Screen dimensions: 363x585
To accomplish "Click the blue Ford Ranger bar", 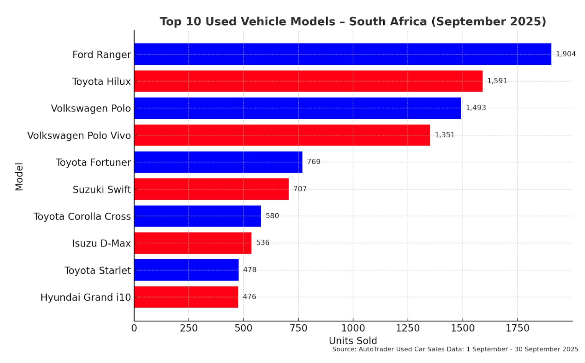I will (342, 54).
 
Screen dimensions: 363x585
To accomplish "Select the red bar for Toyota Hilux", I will (308, 81).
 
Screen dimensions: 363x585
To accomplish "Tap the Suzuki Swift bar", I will (211, 189).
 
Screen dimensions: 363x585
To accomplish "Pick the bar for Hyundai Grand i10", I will (186, 297).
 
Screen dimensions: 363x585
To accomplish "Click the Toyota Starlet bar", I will (186, 270).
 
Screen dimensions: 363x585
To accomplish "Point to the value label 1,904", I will (565, 54).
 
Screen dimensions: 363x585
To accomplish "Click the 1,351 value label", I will (445, 135).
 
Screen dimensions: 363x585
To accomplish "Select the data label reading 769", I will (314, 162).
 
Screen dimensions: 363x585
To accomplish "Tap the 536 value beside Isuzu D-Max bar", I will (263, 243).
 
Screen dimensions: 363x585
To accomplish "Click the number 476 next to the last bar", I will (249, 297).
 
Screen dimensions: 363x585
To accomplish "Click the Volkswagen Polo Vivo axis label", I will (79, 135).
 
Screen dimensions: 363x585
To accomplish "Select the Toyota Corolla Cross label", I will (82, 216).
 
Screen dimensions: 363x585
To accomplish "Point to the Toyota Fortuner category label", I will (93, 162).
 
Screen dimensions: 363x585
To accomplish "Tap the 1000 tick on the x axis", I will (353, 328).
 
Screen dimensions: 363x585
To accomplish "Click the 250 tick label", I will (189, 328).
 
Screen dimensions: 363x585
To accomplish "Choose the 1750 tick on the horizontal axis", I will (517, 328).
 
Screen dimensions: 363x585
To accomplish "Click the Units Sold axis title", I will (353, 340).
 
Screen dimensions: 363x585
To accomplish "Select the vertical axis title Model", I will (19, 177).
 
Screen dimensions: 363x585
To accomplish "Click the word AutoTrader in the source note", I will (376, 349).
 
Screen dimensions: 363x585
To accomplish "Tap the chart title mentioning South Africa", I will (353, 22).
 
